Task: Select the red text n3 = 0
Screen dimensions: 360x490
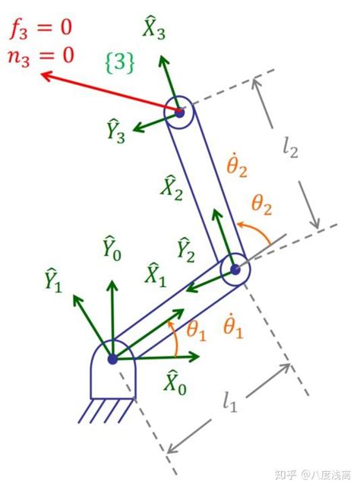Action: pos(40,56)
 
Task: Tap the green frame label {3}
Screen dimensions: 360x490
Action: pos(120,63)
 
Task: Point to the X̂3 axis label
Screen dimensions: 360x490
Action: pos(153,27)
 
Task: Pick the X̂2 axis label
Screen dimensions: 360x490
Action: pos(171,188)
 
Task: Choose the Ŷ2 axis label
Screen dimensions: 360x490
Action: pos(185,250)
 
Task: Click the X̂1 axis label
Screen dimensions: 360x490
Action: pos(155,275)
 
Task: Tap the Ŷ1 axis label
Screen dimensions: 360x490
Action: pos(53,280)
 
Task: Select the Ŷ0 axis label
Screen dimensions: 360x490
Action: pos(112,248)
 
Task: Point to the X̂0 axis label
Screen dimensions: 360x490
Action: pos(175,382)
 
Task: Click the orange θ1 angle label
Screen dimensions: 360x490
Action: pos(196,331)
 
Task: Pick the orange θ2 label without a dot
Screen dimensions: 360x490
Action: pos(262,205)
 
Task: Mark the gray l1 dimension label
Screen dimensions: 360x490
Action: pos(229,402)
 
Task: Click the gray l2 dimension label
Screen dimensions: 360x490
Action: pos(290,147)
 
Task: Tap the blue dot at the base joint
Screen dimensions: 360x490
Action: pos(112,359)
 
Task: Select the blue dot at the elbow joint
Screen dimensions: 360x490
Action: pos(235,270)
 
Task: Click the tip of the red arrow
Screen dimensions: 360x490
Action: pos(41,74)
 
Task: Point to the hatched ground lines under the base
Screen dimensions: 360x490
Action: pos(106,411)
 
